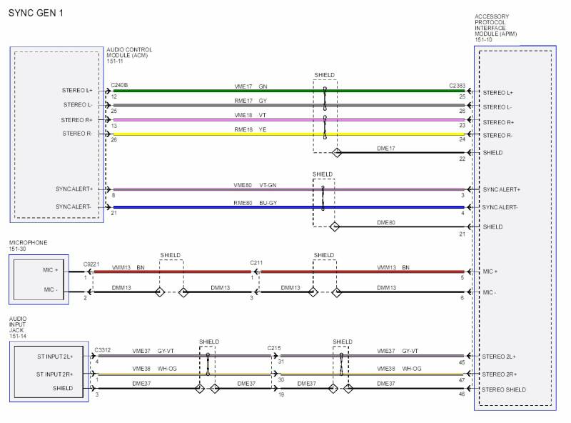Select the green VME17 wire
(214, 91)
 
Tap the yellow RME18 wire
(214, 134)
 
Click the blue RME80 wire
(214, 207)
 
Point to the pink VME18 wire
(214, 119)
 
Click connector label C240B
(119, 85)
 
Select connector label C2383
(457, 86)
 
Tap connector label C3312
(102, 350)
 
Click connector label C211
(256, 263)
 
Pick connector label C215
(274, 348)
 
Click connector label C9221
(91, 264)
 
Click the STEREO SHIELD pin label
(504, 389)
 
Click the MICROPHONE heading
(28, 243)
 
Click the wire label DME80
(386, 222)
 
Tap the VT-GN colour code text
(268, 185)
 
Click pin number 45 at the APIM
(462, 362)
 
